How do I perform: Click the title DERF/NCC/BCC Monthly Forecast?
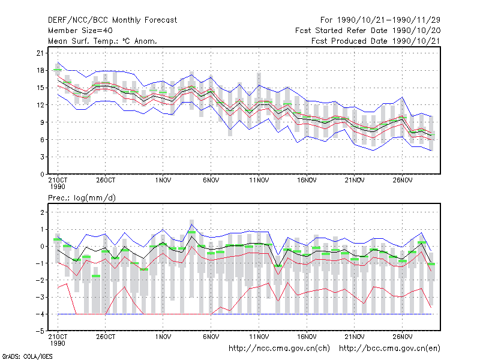coord(112,20)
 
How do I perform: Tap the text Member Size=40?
coord(80,31)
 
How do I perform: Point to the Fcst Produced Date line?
coord(376,41)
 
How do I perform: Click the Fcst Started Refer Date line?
coord(368,31)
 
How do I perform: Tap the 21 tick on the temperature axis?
coord(40,53)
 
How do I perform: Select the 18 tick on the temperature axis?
coord(40,70)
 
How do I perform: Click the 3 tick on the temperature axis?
coord(42,157)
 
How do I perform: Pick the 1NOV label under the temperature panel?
coord(163,181)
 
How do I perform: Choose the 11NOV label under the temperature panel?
coord(259,181)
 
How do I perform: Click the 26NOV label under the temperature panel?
coord(402,181)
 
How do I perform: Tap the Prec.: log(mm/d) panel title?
coord(82,198)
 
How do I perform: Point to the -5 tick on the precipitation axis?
coord(40,331)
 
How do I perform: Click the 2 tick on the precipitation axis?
coord(42,212)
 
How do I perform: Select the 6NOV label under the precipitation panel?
coord(211,337)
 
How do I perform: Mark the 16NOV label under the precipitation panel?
coord(307,337)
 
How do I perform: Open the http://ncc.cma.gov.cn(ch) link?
coord(279,349)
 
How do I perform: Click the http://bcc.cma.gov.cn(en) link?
coord(389,349)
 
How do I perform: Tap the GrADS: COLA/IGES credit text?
coord(27,356)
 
